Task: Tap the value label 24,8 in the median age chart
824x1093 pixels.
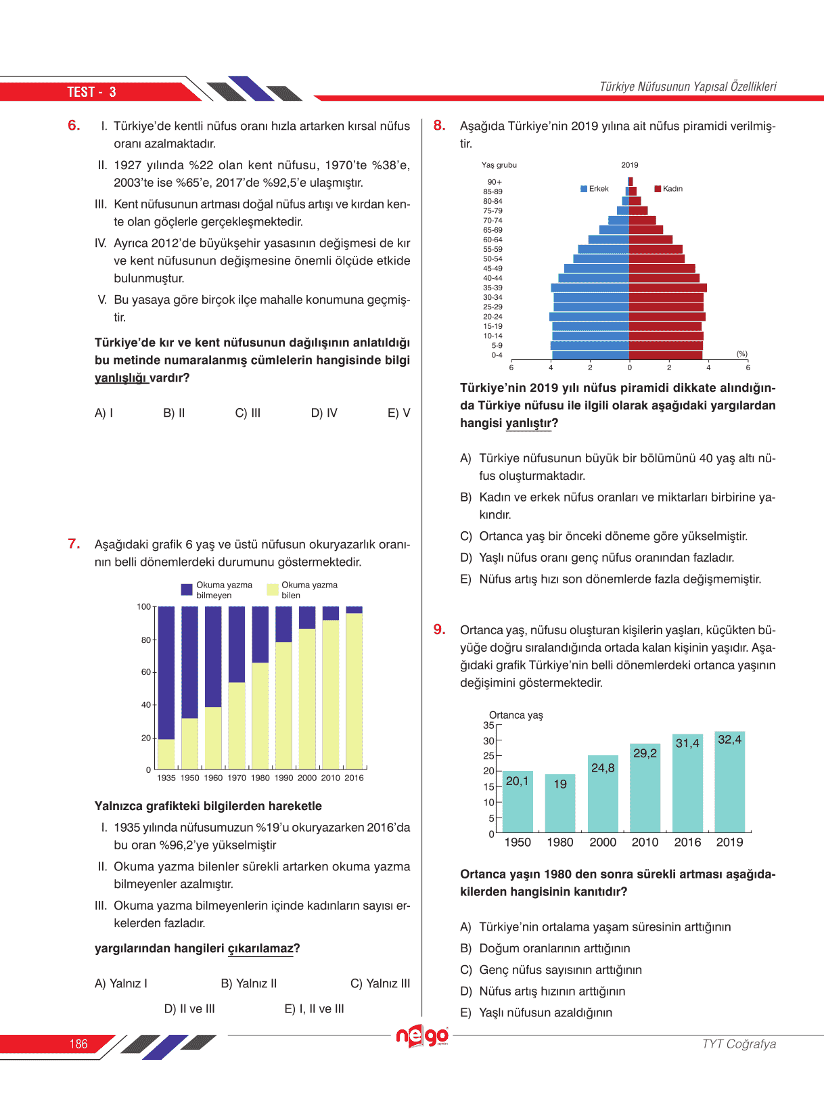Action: click(603, 768)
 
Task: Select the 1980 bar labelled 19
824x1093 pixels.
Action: click(560, 803)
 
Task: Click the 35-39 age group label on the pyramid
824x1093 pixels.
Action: click(493, 288)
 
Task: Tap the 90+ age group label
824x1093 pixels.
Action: click(495, 182)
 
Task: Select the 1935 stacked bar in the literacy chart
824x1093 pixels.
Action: click(166, 687)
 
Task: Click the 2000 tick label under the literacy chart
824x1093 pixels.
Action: click(307, 778)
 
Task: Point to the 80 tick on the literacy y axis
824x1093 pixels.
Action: click(145, 640)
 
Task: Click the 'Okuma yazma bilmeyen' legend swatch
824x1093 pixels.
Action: click(187, 589)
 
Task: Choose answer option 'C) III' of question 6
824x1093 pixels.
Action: click(248, 413)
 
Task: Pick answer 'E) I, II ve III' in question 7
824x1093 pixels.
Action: click(314, 1009)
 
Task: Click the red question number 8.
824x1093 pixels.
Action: click(439, 125)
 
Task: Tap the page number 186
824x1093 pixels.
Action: click(78, 1044)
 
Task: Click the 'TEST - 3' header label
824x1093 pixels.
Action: click(91, 92)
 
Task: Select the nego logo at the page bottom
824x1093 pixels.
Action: click(422, 1036)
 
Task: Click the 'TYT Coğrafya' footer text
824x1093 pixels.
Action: click(739, 1044)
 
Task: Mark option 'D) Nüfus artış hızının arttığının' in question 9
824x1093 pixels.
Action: click(543, 991)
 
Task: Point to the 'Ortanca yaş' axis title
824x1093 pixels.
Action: click(516, 715)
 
